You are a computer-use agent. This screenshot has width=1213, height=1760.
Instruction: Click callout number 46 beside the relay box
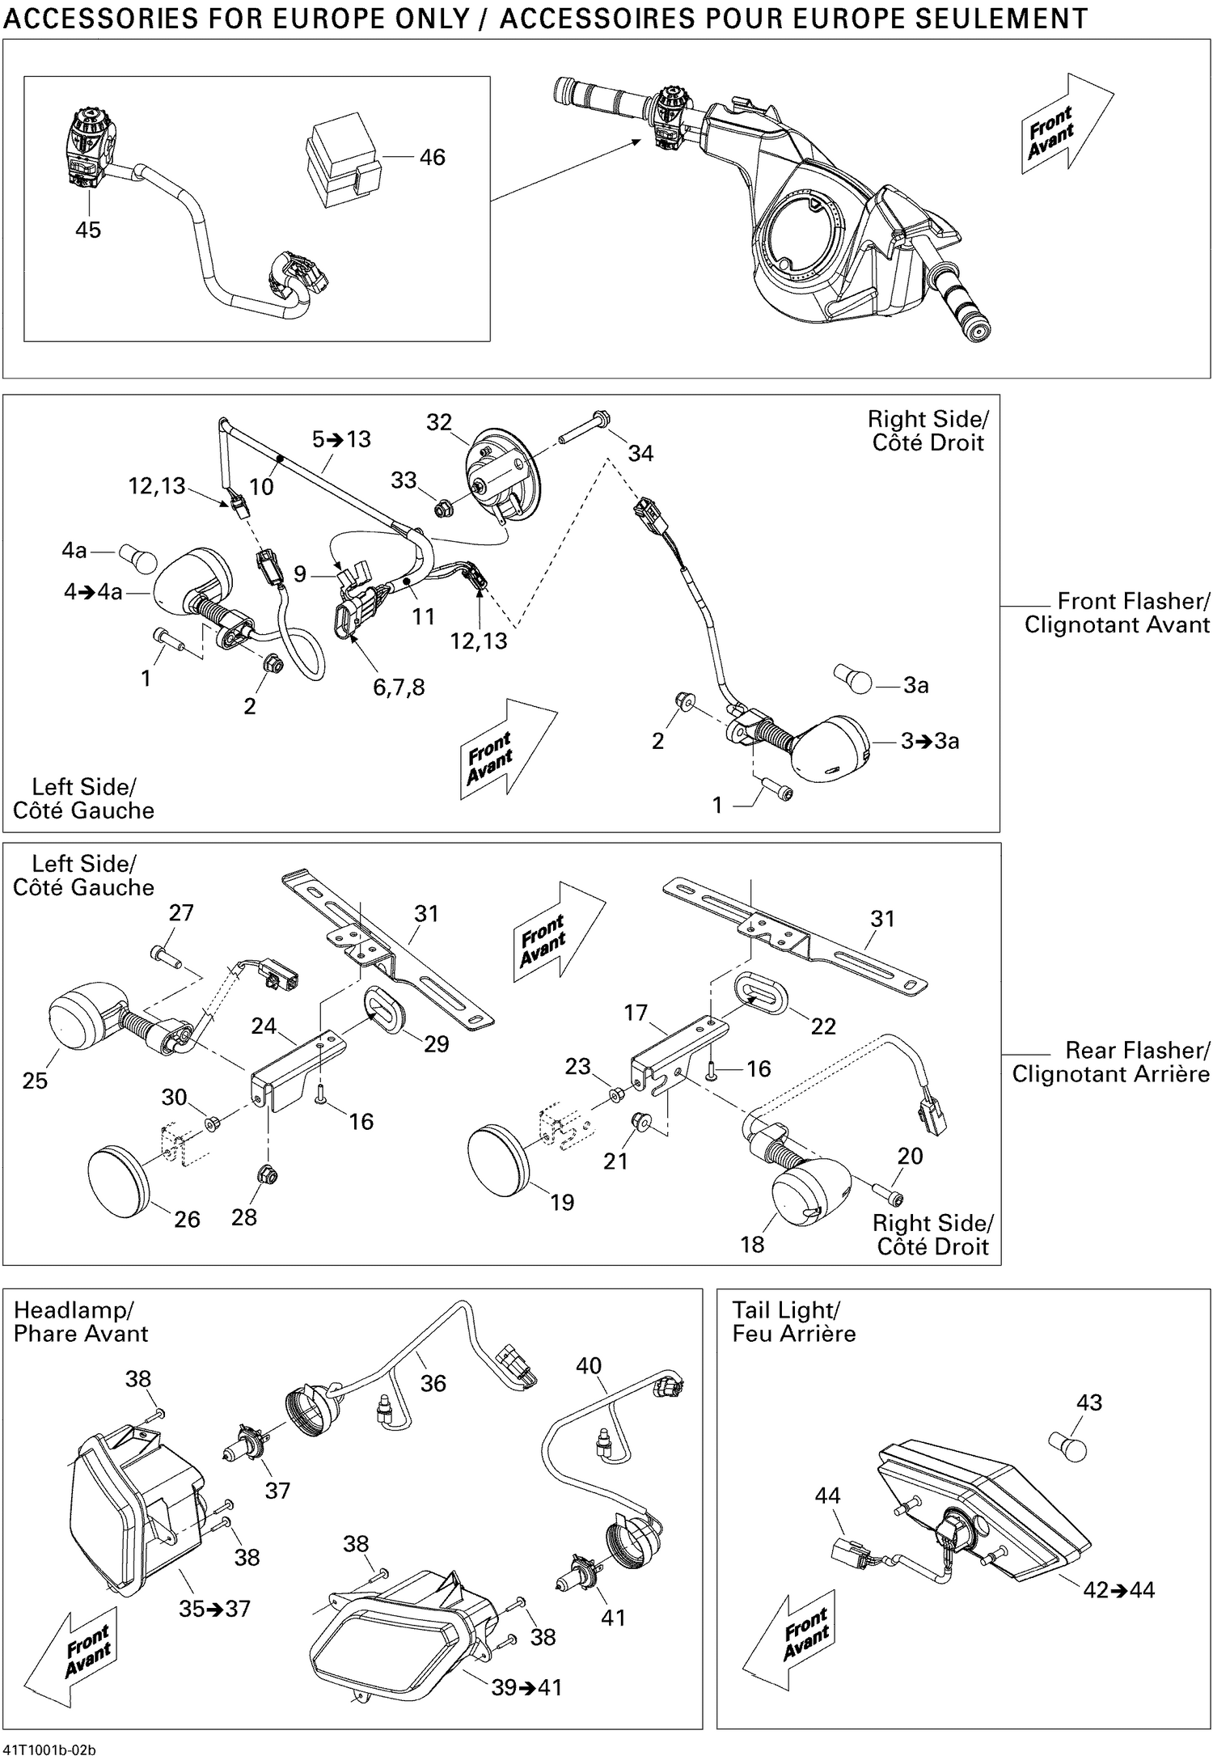[x=432, y=157]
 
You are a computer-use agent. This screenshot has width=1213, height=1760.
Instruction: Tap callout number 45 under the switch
[x=88, y=230]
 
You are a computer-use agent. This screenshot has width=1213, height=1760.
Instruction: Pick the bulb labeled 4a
[x=132, y=557]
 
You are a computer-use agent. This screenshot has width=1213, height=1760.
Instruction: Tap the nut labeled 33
[x=442, y=510]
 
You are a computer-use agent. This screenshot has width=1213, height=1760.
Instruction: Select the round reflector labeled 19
[x=498, y=1155]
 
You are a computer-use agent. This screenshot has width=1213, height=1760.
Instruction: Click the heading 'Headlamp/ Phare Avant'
[x=81, y=1322]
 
